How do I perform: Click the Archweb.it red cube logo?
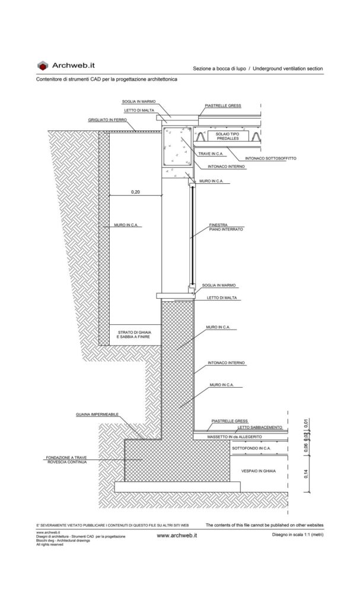[x=43, y=66]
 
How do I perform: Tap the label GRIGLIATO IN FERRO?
[x=107, y=120]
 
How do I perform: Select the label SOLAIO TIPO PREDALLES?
[x=228, y=138]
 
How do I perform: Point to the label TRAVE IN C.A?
[x=211, y=154]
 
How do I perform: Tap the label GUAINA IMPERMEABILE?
[x=95, y=414]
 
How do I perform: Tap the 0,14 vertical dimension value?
[x=307, y=474]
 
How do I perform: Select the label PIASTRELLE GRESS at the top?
[x=223, y=106]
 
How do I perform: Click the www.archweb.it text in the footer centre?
[x=176, y=535]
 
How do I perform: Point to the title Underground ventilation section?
[x=288, y=69]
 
